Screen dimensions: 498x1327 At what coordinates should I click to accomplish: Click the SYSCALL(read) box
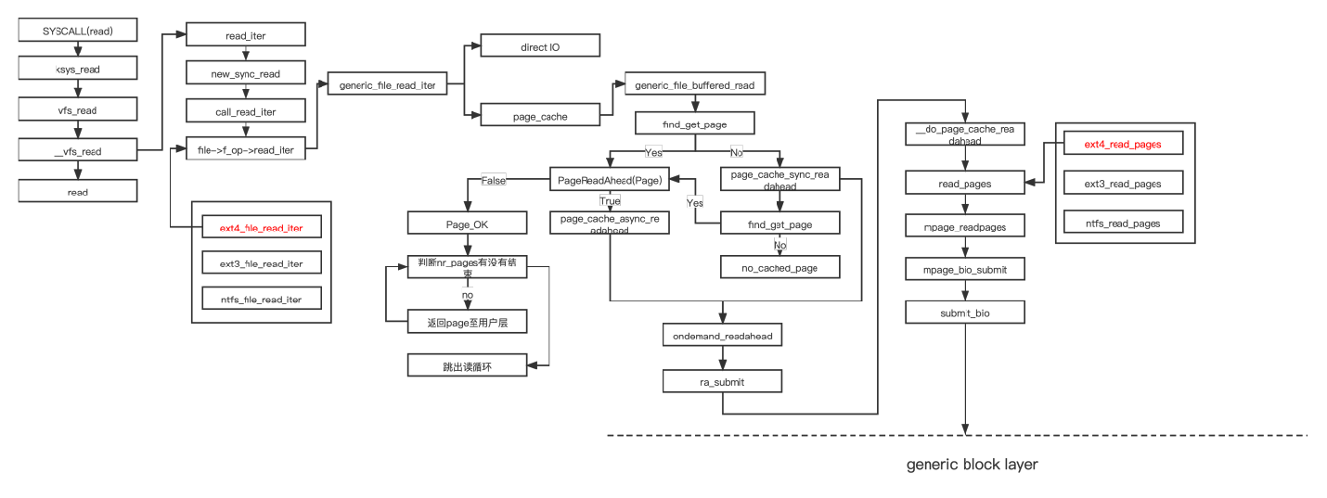[x=78, y=31]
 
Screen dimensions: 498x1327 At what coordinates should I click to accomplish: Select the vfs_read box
[x=78, y=110]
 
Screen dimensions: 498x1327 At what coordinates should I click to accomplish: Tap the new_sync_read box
[x=246, y=73]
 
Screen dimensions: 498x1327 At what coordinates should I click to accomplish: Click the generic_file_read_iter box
[x=387, y=85]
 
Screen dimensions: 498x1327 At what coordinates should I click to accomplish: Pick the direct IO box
[x=539, y=46]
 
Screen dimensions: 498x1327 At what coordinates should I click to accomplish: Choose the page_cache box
[x=539, y=116]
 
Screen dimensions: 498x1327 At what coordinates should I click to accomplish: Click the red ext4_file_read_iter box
[x=261, y=226]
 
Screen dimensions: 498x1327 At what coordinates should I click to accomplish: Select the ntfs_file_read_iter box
[x=261, y=299]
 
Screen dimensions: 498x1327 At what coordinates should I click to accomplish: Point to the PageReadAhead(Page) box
[x=610, y=180]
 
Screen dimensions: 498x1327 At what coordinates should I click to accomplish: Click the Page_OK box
[x=468, y=223]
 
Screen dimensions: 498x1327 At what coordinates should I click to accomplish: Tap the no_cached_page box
[x=780, y=267]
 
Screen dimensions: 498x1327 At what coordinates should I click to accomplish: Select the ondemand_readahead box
[x=722, y=336]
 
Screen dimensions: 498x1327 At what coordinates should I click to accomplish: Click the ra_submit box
[x=722, y=381]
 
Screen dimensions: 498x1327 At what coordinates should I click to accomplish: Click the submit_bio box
[x=965, y=313]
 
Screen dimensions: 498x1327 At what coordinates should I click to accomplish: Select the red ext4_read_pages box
[x=1123, y=145]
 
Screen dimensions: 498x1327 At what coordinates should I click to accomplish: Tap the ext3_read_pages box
[x=1123, y=184]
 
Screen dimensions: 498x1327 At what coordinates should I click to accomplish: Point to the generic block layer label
[x=972, y=464]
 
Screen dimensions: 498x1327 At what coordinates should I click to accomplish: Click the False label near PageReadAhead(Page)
[x=494, y=180]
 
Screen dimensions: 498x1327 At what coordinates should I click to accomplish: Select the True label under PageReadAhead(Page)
[x=610, y=200]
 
